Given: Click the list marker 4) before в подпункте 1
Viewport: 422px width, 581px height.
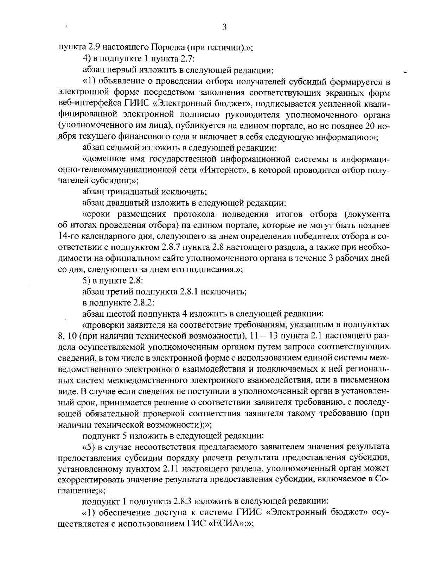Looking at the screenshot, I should point(87,59).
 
